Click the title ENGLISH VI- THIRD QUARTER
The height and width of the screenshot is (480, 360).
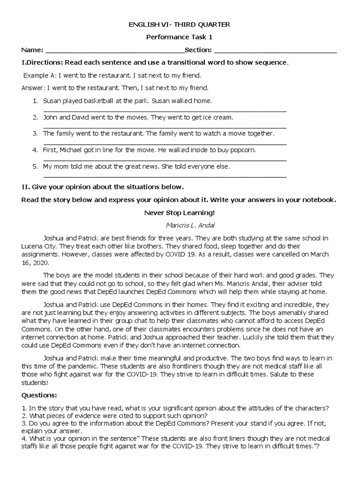tap(180, 24)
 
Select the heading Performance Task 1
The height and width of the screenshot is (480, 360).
tap(180, 37)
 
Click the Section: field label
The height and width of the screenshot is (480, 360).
tap(198, 50)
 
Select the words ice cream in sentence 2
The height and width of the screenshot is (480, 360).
tap(217, 117)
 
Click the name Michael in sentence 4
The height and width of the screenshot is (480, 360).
tap(75, 150)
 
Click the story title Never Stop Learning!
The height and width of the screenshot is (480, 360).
tap(180, 212)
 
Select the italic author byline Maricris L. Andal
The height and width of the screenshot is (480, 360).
tap(180, 225)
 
